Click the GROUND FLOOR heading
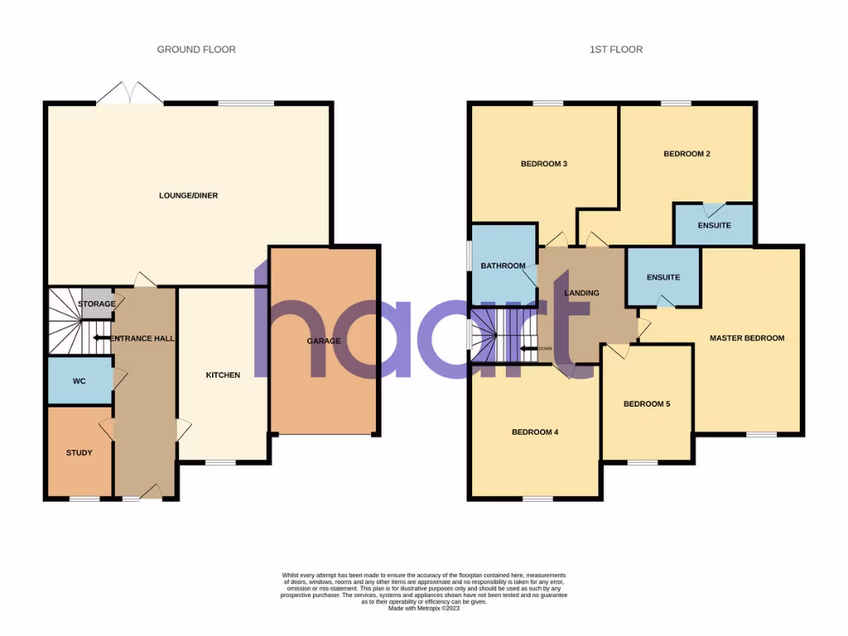[196, 50]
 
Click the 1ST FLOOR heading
[615, 50]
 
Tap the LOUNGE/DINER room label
[188, 195]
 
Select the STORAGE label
[97, 304]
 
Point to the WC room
[79, 381]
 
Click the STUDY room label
[79, 453]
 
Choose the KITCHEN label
[223, 375]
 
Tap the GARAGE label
[324, 341]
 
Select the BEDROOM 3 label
[543, 164]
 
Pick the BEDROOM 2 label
[687, 154]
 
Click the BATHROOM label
[503, 266]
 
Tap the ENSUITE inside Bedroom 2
[714, 225]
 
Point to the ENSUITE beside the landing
[662, 277]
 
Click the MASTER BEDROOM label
[746, 338]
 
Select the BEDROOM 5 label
[647, 404]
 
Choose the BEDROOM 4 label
[534, 432]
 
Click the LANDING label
[581, 293]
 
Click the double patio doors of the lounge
[130, 93]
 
